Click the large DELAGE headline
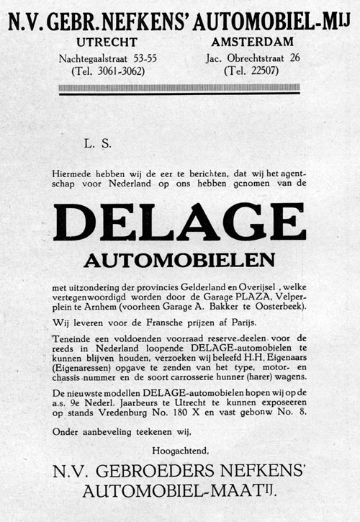click(x=179, y=221)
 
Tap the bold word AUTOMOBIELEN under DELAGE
click(x=179, y=258)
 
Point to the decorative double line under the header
click(x=179, y=89)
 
